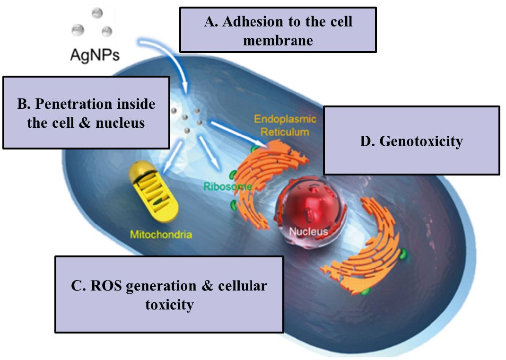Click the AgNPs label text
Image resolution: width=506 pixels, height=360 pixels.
[95, 54]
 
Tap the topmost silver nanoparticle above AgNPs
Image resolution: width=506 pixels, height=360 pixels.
[97, 13]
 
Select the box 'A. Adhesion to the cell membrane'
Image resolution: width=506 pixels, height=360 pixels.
[278, 30]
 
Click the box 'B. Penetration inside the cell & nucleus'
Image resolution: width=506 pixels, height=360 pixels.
[86, 113]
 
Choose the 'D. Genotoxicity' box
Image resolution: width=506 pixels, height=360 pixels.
[411, 140]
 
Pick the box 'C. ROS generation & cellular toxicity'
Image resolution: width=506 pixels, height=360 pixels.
[169, 294]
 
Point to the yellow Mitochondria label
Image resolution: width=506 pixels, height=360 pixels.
[161, 235]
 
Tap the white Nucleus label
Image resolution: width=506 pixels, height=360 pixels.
[308, 231]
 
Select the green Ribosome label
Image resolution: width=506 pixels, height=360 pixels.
[227, 186]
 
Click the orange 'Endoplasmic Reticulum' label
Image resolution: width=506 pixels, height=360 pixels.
[285, 125]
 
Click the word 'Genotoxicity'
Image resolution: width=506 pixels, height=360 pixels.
[421, 141]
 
